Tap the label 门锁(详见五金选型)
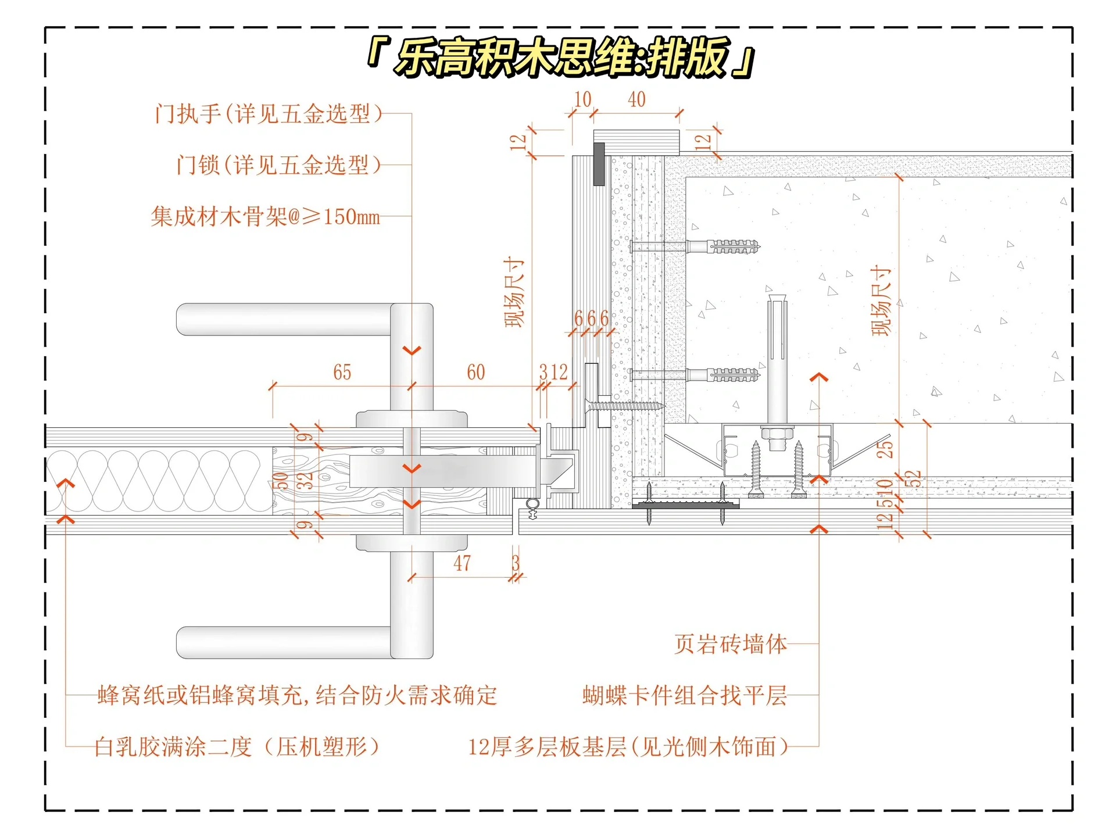tap(279, 165)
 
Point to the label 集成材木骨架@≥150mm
tap(266, 217)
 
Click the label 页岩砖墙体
tap(731, 644)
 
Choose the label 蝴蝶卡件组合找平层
tap(685, 695)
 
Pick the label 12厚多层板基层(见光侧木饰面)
tap(628, 746)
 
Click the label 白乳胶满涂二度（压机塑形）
tap(237, 746)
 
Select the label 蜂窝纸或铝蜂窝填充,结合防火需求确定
tap(297, 695)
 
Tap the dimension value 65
tap(342, 372)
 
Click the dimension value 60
tap(475, 372)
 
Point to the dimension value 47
tap(462, 563)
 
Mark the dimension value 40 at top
tap(636, 99)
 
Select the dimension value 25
tap(884, 449)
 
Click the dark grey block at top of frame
tap(599, 164)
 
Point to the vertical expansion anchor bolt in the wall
tap(777, 360)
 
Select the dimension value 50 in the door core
tap(281, 481)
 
